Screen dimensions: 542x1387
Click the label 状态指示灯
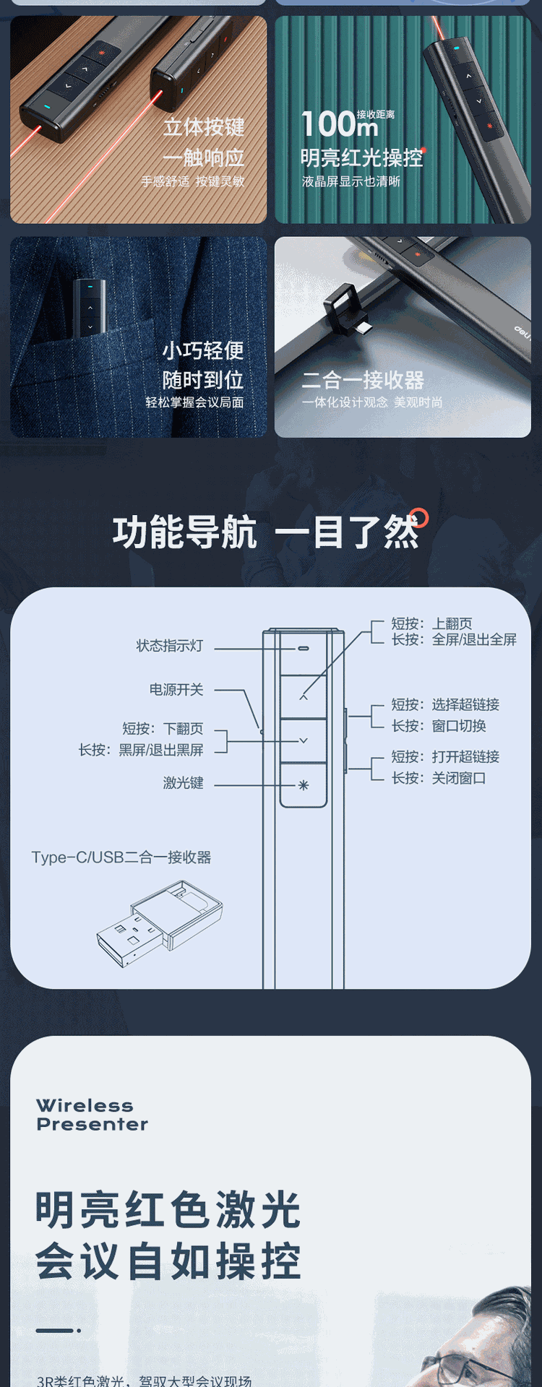(170, 646)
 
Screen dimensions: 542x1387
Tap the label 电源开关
(176, 690)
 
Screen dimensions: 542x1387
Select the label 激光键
(183, 783)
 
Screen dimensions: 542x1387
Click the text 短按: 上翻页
(432, 623)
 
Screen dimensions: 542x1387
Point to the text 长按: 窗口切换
(439, 726)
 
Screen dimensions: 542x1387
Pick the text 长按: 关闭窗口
(439, 778)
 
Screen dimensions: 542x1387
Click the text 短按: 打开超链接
(445, 757)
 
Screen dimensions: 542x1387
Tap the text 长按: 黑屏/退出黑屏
(141, 751)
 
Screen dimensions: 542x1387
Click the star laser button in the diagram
(304, 785)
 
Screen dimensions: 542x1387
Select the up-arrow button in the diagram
(304, 697)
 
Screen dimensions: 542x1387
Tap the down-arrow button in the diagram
(304, 740)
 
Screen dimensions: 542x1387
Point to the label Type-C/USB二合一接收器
(121, 857)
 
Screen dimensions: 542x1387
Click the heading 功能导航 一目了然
(266, 532)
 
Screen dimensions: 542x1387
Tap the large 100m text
(339, 124)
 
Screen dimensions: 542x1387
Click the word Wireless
(85, 1105)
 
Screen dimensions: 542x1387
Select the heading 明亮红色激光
(168, 1210)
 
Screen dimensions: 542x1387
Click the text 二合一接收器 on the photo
(363, 380)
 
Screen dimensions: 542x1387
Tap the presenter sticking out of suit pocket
(90, 307)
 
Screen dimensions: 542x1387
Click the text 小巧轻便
(203, 350)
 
